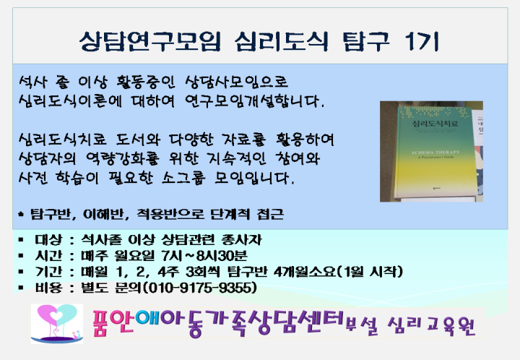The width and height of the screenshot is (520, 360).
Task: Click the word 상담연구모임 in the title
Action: click(x=150, y=41)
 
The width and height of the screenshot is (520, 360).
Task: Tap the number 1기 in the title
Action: click(x=422, y=41)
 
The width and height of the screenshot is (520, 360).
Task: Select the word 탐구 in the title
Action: click(x=365, y=41)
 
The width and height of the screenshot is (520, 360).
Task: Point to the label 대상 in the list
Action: click(x=48, y=239)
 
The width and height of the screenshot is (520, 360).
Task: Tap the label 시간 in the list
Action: click(x=48, y=255)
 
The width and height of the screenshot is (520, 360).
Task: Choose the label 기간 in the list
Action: click(x=48, y=271)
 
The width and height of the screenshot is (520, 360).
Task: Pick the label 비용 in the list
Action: click(x=48, y=287)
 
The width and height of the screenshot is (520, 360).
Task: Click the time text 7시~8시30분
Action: click(x=204, y=255)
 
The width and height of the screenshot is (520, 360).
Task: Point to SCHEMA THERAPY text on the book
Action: click(x=435, y=153)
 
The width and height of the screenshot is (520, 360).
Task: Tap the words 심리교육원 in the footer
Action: click(x=431, y=326)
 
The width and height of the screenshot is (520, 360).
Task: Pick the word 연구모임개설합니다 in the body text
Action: click(x=254, y=100)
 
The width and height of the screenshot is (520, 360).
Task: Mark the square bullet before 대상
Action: click(x=21, y=239)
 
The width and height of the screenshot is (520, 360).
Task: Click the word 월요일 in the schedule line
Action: click(x=134, y=255)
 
